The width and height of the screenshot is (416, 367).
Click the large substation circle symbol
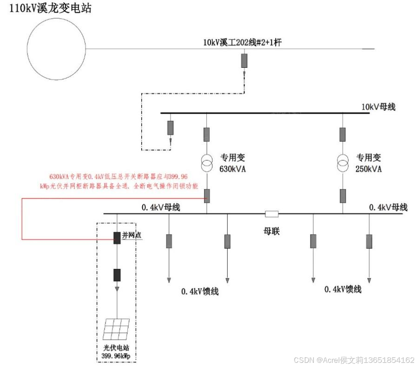(x=56, y=48)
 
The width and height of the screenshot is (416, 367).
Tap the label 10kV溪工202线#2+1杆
(x=242, y=42)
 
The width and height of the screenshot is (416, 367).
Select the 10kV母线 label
(x=378, y=107)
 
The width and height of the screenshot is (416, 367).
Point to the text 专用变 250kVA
(x=369, y=163)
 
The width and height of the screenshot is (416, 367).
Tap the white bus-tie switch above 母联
(x=271, y=214)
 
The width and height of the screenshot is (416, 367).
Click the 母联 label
(x=271, y=231)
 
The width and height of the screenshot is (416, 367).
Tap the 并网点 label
(x=132, y=236)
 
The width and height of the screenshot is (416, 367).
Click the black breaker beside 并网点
(x=117, y=237)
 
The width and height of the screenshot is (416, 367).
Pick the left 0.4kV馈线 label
(x=200, y=292)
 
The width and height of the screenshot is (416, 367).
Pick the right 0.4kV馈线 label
(x=343, y=289)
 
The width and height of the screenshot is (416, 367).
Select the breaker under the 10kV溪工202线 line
(x=244, y=60)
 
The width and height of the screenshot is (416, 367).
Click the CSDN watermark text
(x=354, y=360)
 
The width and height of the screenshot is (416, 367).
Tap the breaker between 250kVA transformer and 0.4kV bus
(x=343, y=195)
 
